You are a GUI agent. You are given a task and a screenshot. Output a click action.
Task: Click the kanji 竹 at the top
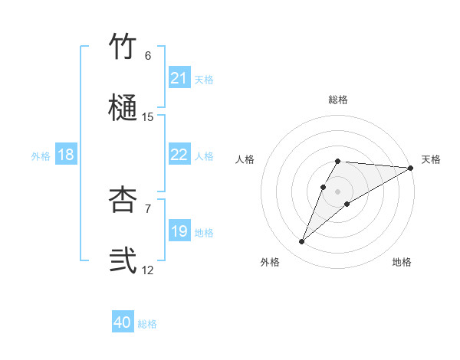click(123, 46)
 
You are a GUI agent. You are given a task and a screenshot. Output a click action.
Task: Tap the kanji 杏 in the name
click(123, 199)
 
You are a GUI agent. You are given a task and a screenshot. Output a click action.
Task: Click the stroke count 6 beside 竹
click(148, 55)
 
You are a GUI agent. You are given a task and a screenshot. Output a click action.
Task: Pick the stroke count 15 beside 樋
click(148, 117)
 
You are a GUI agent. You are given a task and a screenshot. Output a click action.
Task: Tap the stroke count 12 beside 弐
click(148, 270)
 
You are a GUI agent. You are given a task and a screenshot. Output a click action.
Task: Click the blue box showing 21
click(179, 78)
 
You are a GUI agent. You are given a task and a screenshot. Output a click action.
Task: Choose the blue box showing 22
click(179, 155)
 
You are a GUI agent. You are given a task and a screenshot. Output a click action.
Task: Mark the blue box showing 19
click(179, 231)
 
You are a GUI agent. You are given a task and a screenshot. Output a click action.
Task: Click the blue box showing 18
click(66, 155)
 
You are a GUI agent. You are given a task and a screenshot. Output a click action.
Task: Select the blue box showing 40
click(123, 323)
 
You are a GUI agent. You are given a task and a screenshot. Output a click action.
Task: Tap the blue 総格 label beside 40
click(148, 324)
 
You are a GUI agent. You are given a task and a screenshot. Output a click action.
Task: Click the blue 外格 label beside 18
click(41, 155)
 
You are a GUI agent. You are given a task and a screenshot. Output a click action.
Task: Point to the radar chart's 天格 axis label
click(431, 159)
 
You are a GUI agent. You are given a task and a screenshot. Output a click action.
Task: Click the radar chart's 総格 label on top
click(338, 100)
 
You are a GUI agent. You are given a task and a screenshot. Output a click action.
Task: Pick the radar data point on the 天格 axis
click(411, 168)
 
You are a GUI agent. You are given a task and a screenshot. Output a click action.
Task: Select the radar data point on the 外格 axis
click(302, 242)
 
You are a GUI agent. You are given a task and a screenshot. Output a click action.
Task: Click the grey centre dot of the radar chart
click(338, 191)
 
